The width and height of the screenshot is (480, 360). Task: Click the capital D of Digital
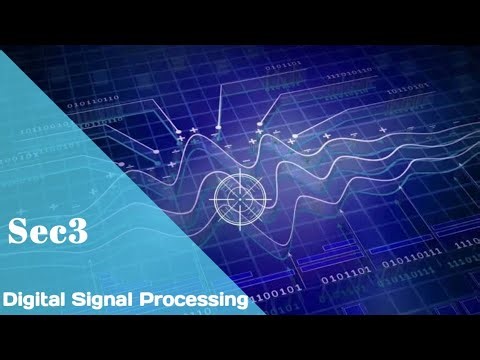[x=9, y=299]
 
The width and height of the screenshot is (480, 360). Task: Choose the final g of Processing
[x=241, y=301]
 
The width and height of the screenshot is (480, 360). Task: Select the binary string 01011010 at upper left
[x=93, y=100]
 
